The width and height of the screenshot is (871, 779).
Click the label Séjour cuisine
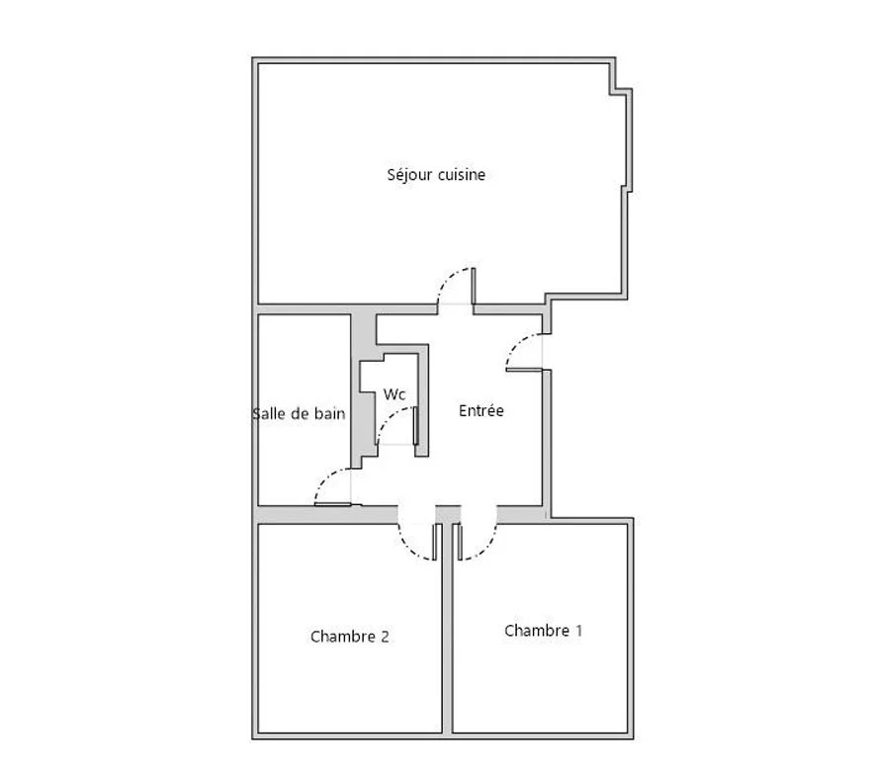coord(436,174)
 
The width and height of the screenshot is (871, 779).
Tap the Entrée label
coord(481,410)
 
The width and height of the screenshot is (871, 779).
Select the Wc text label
coord(394,393)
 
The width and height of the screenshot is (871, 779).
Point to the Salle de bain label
coord(299,413)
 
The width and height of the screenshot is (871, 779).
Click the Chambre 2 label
coord(349,637)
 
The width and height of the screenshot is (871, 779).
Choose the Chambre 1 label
coord(544,631)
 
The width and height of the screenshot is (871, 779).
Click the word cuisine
coord(461,174)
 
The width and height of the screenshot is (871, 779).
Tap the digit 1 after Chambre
coord(578,631)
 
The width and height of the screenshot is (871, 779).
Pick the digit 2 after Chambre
coord(385,637)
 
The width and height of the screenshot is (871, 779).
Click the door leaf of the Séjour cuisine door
coord(474,286)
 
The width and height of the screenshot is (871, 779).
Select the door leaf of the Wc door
coord(416,426)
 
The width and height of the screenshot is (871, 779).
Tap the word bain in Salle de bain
coord(330,413)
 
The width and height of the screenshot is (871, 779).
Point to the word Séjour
coord(409,174)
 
